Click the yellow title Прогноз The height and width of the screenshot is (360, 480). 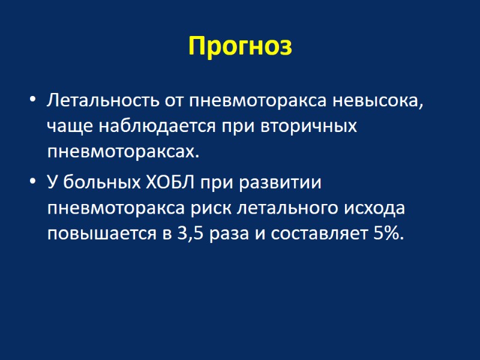click(x=240, y=46)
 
